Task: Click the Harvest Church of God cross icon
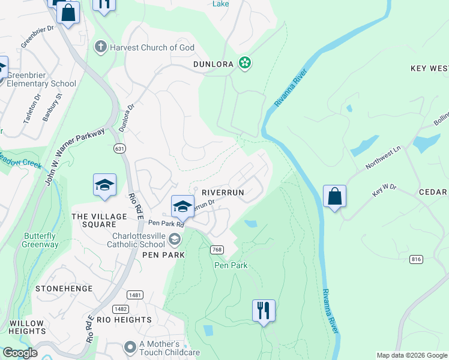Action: point(100,47)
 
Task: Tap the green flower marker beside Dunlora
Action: point(244,62)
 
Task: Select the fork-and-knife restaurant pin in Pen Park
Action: point(264,311)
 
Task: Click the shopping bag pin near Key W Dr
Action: point(334,196)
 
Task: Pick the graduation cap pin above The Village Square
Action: point(104,185)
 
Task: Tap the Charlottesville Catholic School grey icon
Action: point(175,240)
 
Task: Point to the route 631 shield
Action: point(119,148)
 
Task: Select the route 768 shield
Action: point(217,249)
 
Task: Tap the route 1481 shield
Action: point(134,295)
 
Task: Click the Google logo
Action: point(19,353)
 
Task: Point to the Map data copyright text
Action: point(411,355)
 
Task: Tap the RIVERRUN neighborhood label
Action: point(223,192)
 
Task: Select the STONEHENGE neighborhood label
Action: point(64,289)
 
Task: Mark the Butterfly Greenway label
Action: point(40,240)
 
